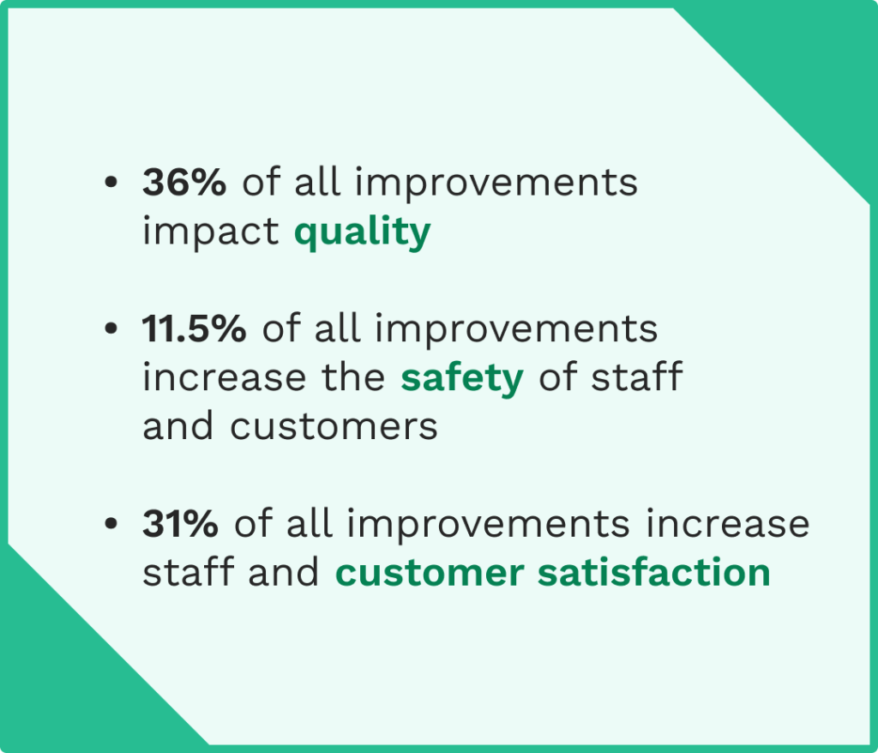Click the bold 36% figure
pos(184,183)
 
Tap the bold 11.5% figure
pos(195,328)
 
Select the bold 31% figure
pos(180,524)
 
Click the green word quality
pos(362,232)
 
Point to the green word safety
pos(462,377)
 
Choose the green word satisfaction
pos(653,573)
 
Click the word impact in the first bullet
pos(211,232)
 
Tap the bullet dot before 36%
pos(109,184)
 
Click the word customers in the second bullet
pos(334,426)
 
